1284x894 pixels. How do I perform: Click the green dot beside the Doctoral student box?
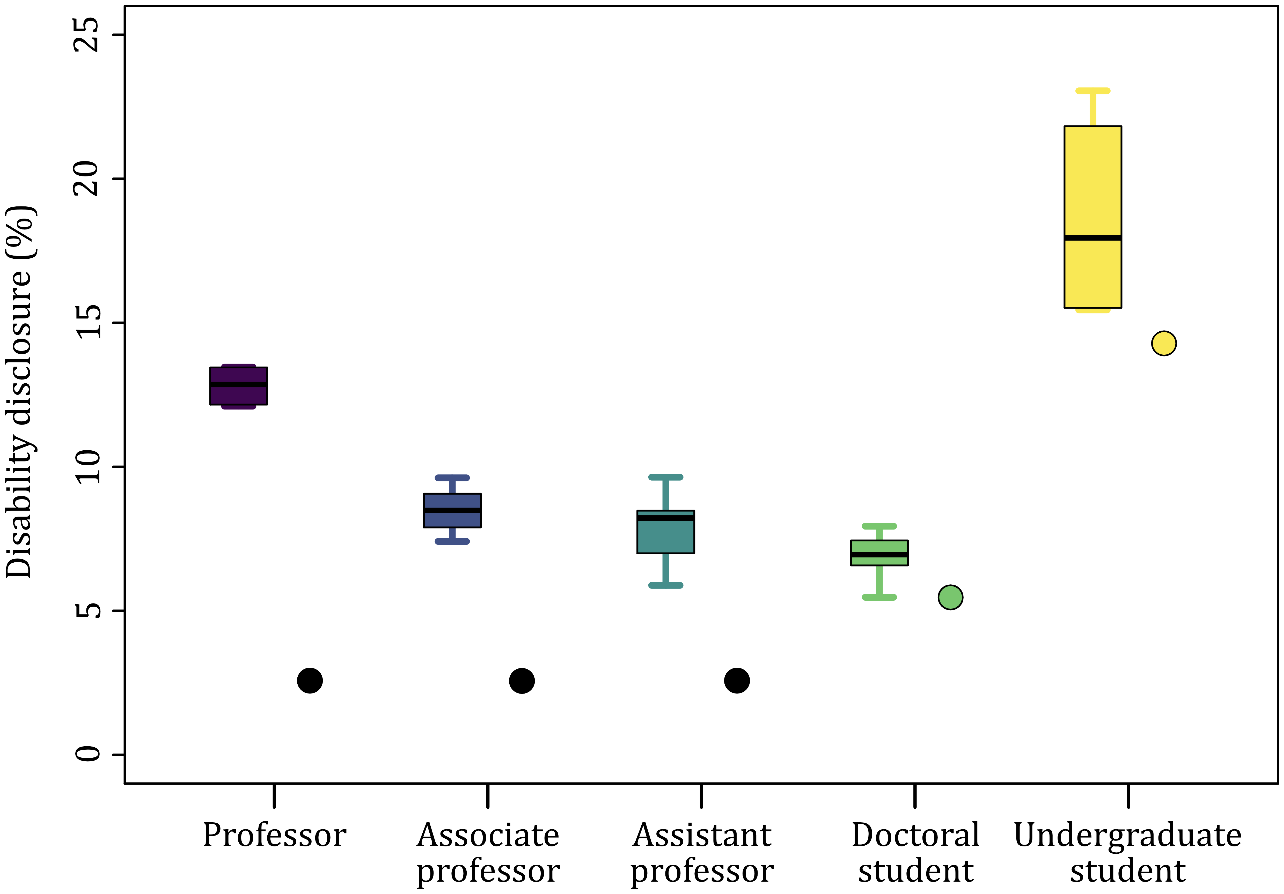[x=950, y=597]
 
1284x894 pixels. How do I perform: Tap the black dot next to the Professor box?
[x=310, y=680]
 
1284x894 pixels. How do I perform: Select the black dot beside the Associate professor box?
[x=522, y=680]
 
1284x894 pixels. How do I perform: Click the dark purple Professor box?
[x=239, y=394]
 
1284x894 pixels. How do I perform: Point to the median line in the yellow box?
[x=1093, y=238]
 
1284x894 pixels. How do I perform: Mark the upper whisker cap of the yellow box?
[x=1093, y=91]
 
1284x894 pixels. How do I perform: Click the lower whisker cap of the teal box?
[x=665, y=585]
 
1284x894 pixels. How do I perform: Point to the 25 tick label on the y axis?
[x=87, y=35]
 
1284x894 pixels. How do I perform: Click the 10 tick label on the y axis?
[x=87, y=467]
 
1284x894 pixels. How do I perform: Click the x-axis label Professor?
[x=274, y=835]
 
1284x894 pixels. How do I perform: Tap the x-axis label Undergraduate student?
[x=1128, y=853]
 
